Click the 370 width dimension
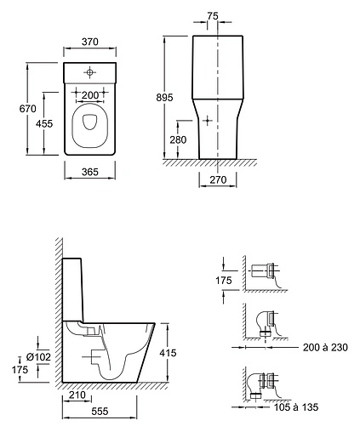point(90,42)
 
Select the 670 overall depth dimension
point(28,109)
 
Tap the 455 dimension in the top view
point(44,123)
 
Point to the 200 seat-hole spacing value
point(90,95)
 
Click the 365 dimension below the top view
point(90,172)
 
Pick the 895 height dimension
point(164,98)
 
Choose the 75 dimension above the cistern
point(213,16)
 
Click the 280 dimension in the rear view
point(178,139)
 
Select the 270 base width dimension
point(218,179)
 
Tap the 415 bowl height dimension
point(168,353)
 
